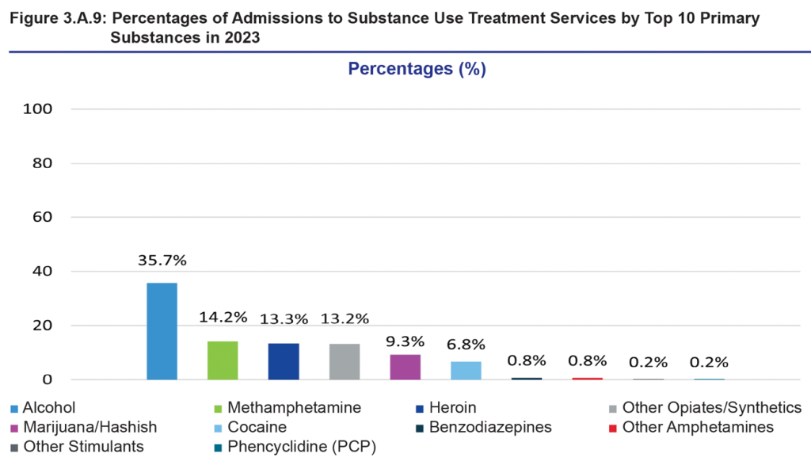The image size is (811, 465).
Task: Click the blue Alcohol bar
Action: (162, 331)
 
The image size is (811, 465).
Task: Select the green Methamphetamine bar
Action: (223, 360)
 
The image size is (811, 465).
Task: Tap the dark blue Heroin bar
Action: (284, 361)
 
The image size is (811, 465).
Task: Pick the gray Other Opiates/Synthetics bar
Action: (345, 361)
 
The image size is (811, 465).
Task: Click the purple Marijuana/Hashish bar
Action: (405, 367)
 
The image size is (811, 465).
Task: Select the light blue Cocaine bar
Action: (466, 370)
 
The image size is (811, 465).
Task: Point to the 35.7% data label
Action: (162, 260)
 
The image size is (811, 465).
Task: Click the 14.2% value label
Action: (223, 318)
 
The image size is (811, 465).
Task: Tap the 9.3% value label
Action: (405, 341)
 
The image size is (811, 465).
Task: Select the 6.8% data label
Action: (466, 345)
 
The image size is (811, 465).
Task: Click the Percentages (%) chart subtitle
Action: (417, 69)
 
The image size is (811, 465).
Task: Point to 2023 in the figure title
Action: (242, 36)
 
